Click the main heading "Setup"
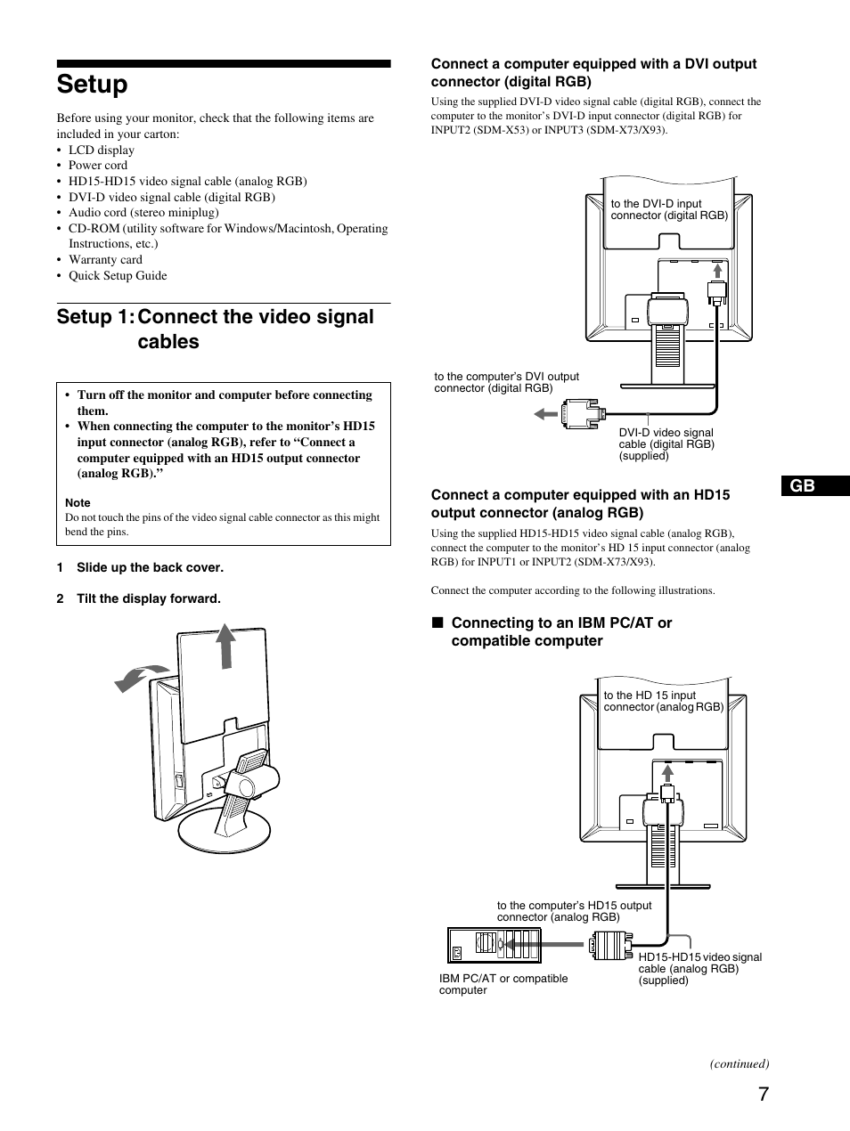(x=92, y=85)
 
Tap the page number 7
(x=764, y=1095)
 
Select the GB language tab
(x=804, y=486)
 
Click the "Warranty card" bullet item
(x=105, y=260)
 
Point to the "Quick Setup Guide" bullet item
(x=118, y=276)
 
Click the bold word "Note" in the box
(x=78, y=503)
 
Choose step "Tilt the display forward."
(x=148, y=599)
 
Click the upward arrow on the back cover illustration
(x=226, y=646)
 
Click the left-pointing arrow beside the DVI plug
(x=545, y=413)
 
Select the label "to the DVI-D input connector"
(x=668, y=210)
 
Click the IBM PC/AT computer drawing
(x=494, y=945)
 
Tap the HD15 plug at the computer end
(x=611, y=945)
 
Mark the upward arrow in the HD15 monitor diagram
(x=666, y=773)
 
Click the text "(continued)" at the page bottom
(x=739, y=1063)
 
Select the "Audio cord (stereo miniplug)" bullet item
(x=143, y=213)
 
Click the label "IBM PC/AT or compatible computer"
(x=503, y=984)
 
